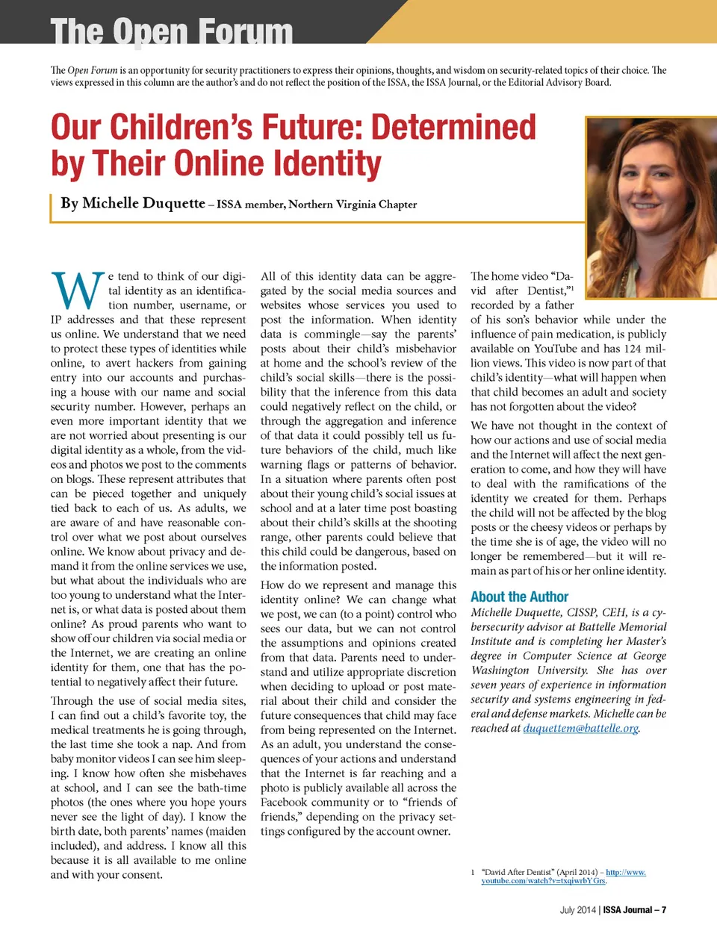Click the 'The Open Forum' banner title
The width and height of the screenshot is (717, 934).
(x=171, y=31)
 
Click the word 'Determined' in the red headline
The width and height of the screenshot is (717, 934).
(x=453, y=127)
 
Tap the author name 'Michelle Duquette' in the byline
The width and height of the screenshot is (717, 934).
(x=143, y=203)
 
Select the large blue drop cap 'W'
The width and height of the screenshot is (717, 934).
(x=77, y=291)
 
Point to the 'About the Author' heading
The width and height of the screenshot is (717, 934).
(x=519, y=597)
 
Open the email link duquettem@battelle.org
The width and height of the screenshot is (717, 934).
(x=580, y=728)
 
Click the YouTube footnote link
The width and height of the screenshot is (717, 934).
(x=563, y=877)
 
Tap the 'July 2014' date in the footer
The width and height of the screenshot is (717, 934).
(x=578, y=909)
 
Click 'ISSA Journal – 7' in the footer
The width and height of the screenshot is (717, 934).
(x=635, y=909)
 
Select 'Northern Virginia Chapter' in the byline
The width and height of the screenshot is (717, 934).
(x=353, y=205)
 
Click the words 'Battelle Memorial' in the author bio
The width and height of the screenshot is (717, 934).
(x=626, y=626)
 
